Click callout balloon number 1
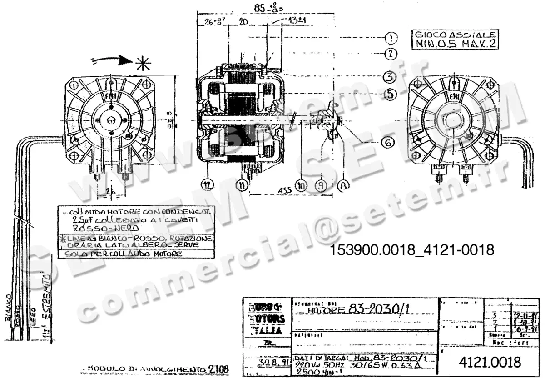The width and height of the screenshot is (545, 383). [x=391, y=37]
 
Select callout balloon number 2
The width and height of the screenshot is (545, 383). [x=391, y=54]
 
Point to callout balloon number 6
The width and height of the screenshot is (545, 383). [x=387, y=142]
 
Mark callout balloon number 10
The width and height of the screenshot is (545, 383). [x=301, y=185]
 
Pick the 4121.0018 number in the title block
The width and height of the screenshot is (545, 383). [x=490, y=362]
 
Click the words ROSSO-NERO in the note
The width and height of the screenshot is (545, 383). [x=100, y=228]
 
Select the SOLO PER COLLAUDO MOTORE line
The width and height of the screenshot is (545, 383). [x=124, y=254]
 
